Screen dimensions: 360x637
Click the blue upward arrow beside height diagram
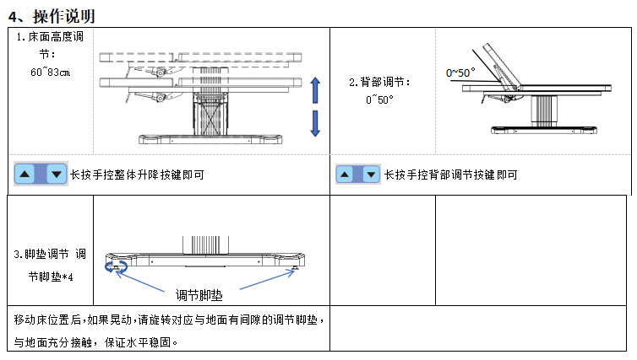pos(315,89)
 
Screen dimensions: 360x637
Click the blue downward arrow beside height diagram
pos(315,123)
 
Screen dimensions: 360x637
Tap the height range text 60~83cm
pos(51,72)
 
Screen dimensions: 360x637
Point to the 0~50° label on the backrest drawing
pos(460,73)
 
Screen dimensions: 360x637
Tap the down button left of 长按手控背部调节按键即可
pos(368,175)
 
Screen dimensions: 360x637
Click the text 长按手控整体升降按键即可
pos(137,175)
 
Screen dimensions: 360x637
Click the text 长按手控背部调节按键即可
pos(451,175)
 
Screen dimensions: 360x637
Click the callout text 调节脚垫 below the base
pos(200,294)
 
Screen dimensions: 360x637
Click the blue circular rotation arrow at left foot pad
pos(114,266)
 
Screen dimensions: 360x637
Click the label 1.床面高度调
pos(51,38)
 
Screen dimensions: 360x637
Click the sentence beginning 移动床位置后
pos(169,320)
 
